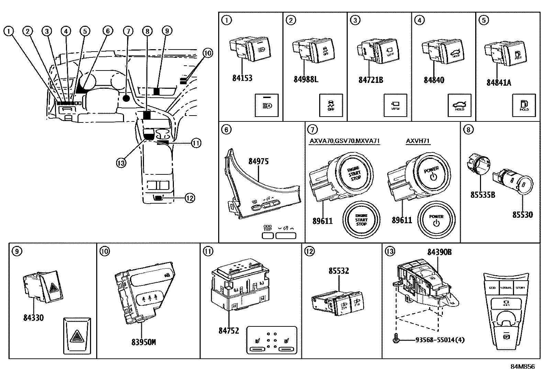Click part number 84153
pos(242,78)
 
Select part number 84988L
pos(306,79)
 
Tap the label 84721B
pos(370,80)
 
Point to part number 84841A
pos(499,83)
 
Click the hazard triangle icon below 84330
pos(77,336)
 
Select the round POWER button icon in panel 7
pos(436,219)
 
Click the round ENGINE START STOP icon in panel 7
pos(361,220)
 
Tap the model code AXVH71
pos(417,141)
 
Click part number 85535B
pos(482,195)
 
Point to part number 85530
pos(522,215)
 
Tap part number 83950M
pos(144,342)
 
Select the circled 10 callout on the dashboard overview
pos(208,53)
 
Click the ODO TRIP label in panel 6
pos(268,228)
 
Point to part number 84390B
pos(439,252)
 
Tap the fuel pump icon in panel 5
pos(524,104)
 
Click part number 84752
pos(228,331)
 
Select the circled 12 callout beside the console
pos(190,198)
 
